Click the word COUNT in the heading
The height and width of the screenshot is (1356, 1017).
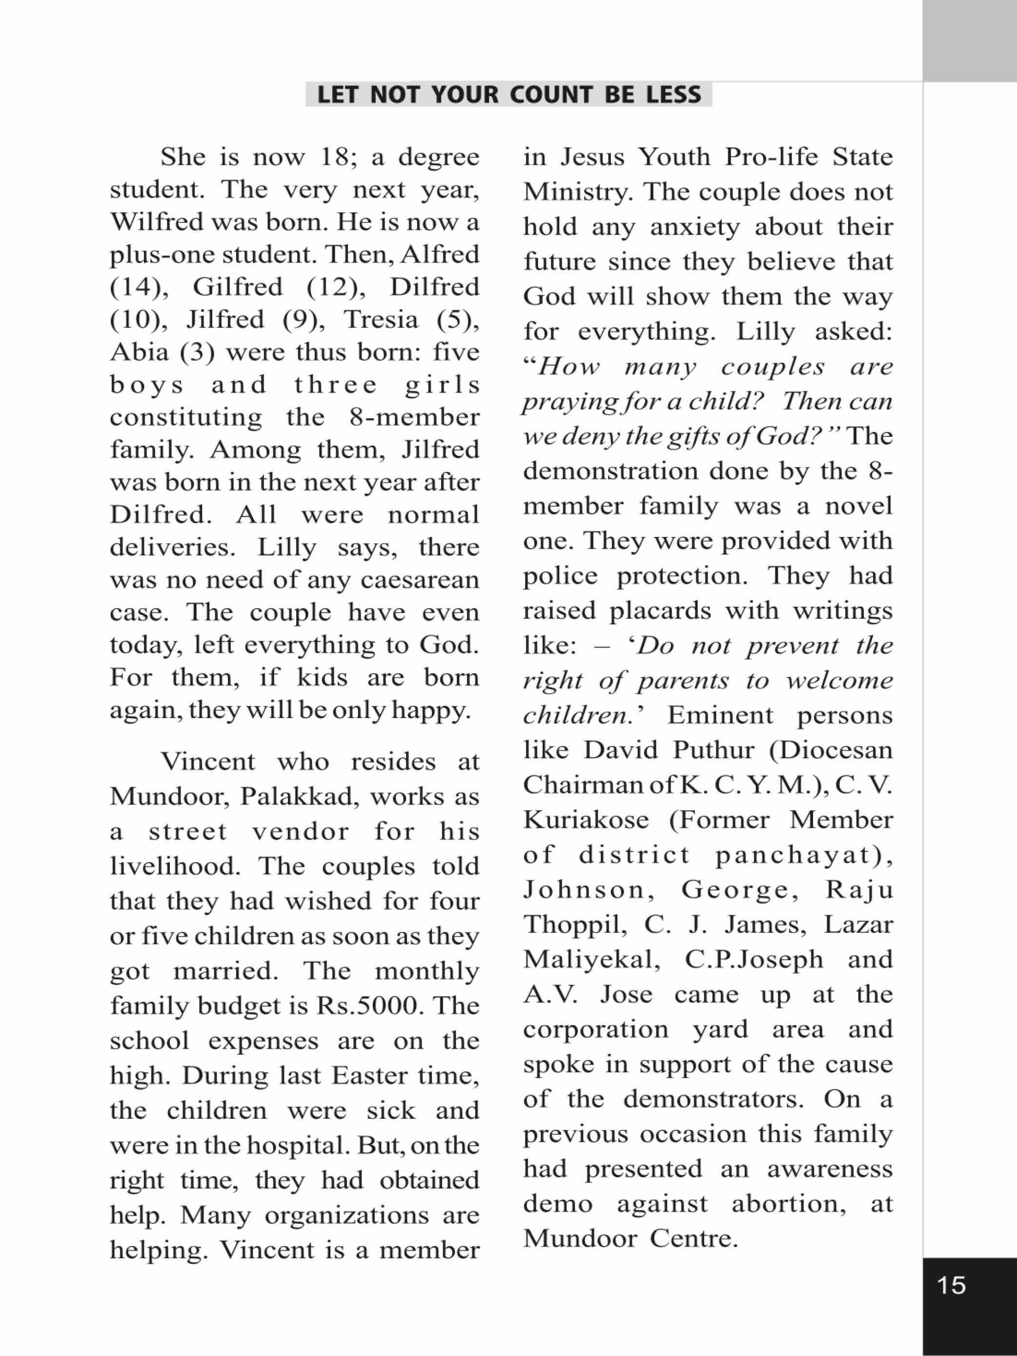(551, 95)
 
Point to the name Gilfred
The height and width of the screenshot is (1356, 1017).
(238, 287)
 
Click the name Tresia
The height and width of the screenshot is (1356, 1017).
(381, 319)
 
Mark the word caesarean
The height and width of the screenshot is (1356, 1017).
(420, 579)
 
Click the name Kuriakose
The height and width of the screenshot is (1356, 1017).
(586, 820)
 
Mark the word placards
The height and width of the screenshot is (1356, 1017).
(655, 611)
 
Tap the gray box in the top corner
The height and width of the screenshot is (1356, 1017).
(969, 41)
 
